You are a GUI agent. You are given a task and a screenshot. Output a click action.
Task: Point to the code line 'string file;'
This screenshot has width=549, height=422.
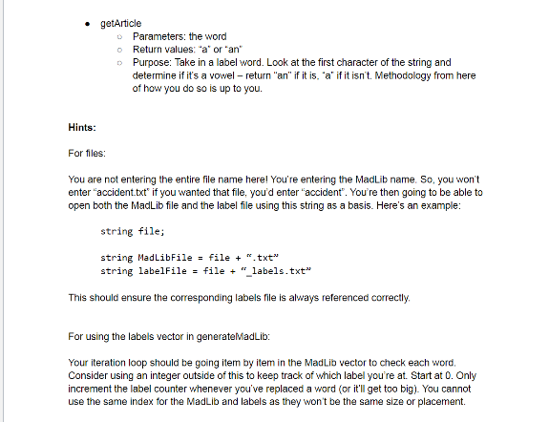tap(134, 231)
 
